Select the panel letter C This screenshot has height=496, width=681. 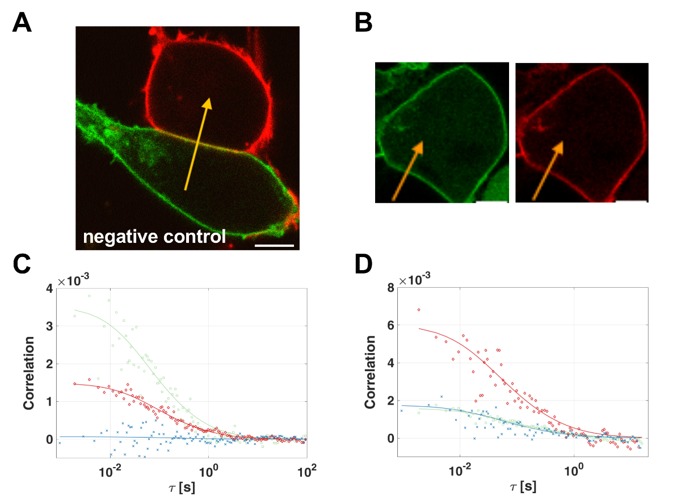[23, 266]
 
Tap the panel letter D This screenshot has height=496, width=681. [363, 266]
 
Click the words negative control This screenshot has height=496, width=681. [154, 236]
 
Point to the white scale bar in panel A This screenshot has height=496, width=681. [275, 246]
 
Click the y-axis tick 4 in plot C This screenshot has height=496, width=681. [50, 289]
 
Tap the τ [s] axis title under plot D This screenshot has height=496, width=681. [522, 487]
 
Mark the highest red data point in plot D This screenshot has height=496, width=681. [419, 310]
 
